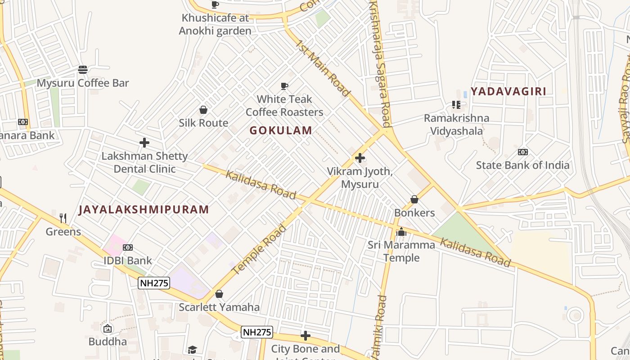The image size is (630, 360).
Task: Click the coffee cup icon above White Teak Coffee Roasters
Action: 284,86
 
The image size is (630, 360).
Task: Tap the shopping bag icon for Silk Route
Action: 203,110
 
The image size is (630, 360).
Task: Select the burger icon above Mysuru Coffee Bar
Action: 83,70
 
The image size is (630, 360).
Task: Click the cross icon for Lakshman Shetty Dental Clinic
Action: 144,143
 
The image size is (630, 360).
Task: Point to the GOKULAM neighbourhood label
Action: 281,130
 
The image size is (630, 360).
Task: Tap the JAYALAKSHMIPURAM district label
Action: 144,210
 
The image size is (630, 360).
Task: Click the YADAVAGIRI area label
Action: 508,92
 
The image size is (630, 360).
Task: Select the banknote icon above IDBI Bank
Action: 128,247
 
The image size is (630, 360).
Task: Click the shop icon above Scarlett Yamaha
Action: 219,294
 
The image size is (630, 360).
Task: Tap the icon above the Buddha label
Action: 108,328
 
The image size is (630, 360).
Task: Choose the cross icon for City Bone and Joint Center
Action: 306,336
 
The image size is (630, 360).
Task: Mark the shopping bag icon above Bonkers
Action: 414,199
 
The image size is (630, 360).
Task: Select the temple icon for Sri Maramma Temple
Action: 401,232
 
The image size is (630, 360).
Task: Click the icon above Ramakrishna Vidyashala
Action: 456,105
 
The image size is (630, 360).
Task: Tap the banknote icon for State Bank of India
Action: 523,152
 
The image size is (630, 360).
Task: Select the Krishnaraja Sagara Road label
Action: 380,63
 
